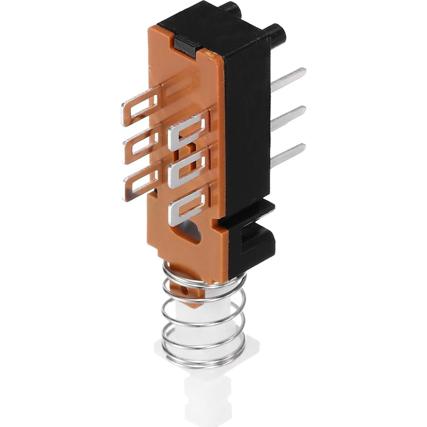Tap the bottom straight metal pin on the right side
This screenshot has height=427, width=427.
click(x=288, y=154)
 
